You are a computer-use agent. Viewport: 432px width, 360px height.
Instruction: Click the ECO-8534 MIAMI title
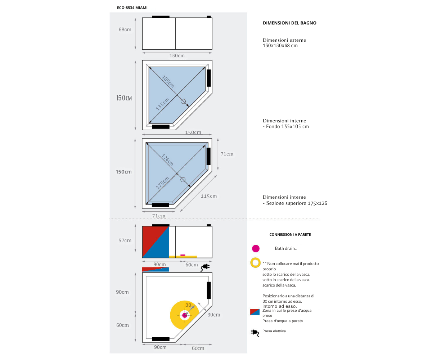pos(132,8)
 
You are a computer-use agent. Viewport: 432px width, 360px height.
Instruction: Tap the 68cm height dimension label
pos(125,30)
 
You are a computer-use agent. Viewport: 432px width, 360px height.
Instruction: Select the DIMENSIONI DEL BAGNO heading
pos(289,23)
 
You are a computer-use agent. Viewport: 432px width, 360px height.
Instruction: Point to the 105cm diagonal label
pos(168,81)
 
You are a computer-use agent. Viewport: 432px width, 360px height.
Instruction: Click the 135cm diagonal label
pos(162,104)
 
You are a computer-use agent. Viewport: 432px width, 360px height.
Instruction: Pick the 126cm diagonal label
pos(167,160)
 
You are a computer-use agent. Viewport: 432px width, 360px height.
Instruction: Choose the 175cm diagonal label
pos(162,183)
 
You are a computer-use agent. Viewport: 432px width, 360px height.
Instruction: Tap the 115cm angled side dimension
pos(209,196)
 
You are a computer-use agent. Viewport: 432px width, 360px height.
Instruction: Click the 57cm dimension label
pos(125,240)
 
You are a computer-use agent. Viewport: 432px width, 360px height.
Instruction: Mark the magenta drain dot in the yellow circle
pos(185,315)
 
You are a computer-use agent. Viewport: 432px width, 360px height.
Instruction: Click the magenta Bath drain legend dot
pos(256,248)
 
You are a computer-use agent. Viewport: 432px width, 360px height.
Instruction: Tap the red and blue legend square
pos(255,312)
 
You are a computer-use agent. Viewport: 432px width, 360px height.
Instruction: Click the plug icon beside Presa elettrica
pos(255,333)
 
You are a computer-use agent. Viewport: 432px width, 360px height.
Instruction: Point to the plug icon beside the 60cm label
pos(205,267)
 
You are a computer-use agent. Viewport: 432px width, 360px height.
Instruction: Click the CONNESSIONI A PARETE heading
pos(290,234)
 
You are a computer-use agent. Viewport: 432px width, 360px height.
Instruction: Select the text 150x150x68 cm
pos(280,46)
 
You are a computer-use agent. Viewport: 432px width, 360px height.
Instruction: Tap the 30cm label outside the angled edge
pos(214,315)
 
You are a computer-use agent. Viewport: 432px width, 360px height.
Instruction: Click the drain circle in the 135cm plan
pos(183,102)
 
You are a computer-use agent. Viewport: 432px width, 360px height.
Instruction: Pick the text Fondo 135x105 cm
pos(287,127)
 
